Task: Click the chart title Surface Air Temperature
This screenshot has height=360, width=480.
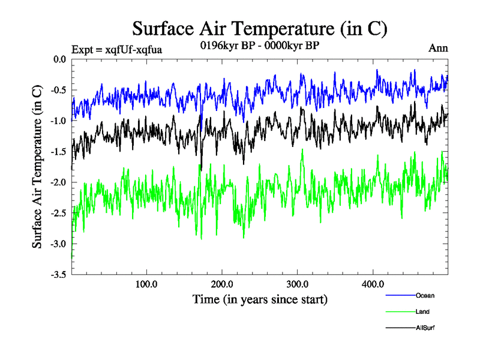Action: coord(260,28)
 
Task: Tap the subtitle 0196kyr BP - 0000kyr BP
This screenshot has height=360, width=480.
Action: coord(260,44)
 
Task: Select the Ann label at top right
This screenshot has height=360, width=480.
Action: coord(438,48)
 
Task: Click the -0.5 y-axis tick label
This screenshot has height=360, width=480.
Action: coord(58,90)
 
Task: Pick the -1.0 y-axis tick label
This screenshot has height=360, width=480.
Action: coord(58,121)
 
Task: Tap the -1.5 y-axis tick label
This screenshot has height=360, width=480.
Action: coord(58,151)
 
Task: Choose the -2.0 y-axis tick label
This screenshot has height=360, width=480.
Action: coord(58,182)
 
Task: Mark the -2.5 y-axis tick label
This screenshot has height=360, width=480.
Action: coord(58,212)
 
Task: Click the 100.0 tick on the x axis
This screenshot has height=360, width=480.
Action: coord(146,284)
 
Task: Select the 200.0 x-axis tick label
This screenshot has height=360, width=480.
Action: coord(222,284)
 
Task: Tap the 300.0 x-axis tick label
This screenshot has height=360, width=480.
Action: coord(298,284)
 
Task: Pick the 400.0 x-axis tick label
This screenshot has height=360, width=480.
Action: coord(373,284)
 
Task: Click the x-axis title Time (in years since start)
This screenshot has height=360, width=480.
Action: coord(260,298)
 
